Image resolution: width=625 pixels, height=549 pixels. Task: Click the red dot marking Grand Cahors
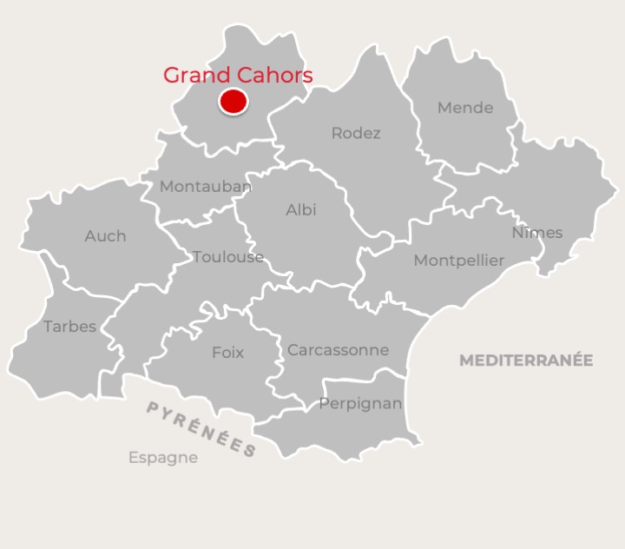tap(233, 102)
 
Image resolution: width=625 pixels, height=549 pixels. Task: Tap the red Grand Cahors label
tap(238, 76)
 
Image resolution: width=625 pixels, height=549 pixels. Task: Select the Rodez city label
tap(356, 134)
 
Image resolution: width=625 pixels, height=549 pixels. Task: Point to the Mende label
tap(465, 109)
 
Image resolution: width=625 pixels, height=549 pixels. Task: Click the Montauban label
tap(206, 187)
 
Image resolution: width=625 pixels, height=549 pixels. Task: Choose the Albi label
tap(301, 210)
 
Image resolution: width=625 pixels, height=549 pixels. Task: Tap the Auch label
tap(105, 236)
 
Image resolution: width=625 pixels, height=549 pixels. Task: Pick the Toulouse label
tap(228, 257)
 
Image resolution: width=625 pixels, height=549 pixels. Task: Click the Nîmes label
tap(536, 233)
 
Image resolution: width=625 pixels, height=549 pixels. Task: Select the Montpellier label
tap(458, 261)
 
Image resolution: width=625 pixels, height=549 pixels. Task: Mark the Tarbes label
tap(69, 327)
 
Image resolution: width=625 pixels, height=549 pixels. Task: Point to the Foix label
tap(227, 353)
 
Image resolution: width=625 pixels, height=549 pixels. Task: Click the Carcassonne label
tap(338, 351)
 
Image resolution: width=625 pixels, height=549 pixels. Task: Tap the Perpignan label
tap(360, 404)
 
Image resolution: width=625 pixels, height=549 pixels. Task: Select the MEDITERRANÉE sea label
tap(526, 360)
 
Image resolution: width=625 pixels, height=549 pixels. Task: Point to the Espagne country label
tap(163, 458)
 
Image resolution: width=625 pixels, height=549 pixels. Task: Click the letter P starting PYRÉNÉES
tap(152, 407)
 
